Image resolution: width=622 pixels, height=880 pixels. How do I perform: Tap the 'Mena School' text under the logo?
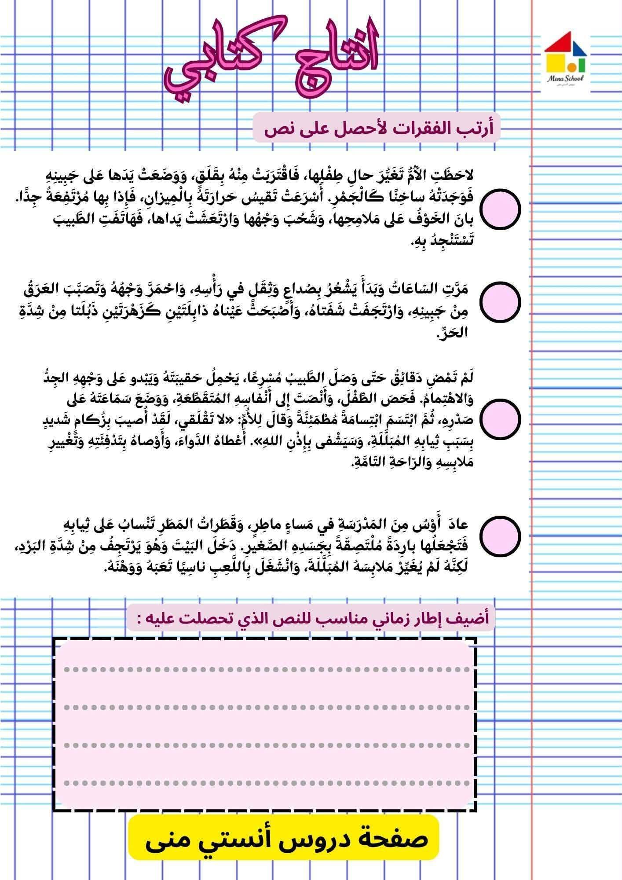point(565,78)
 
